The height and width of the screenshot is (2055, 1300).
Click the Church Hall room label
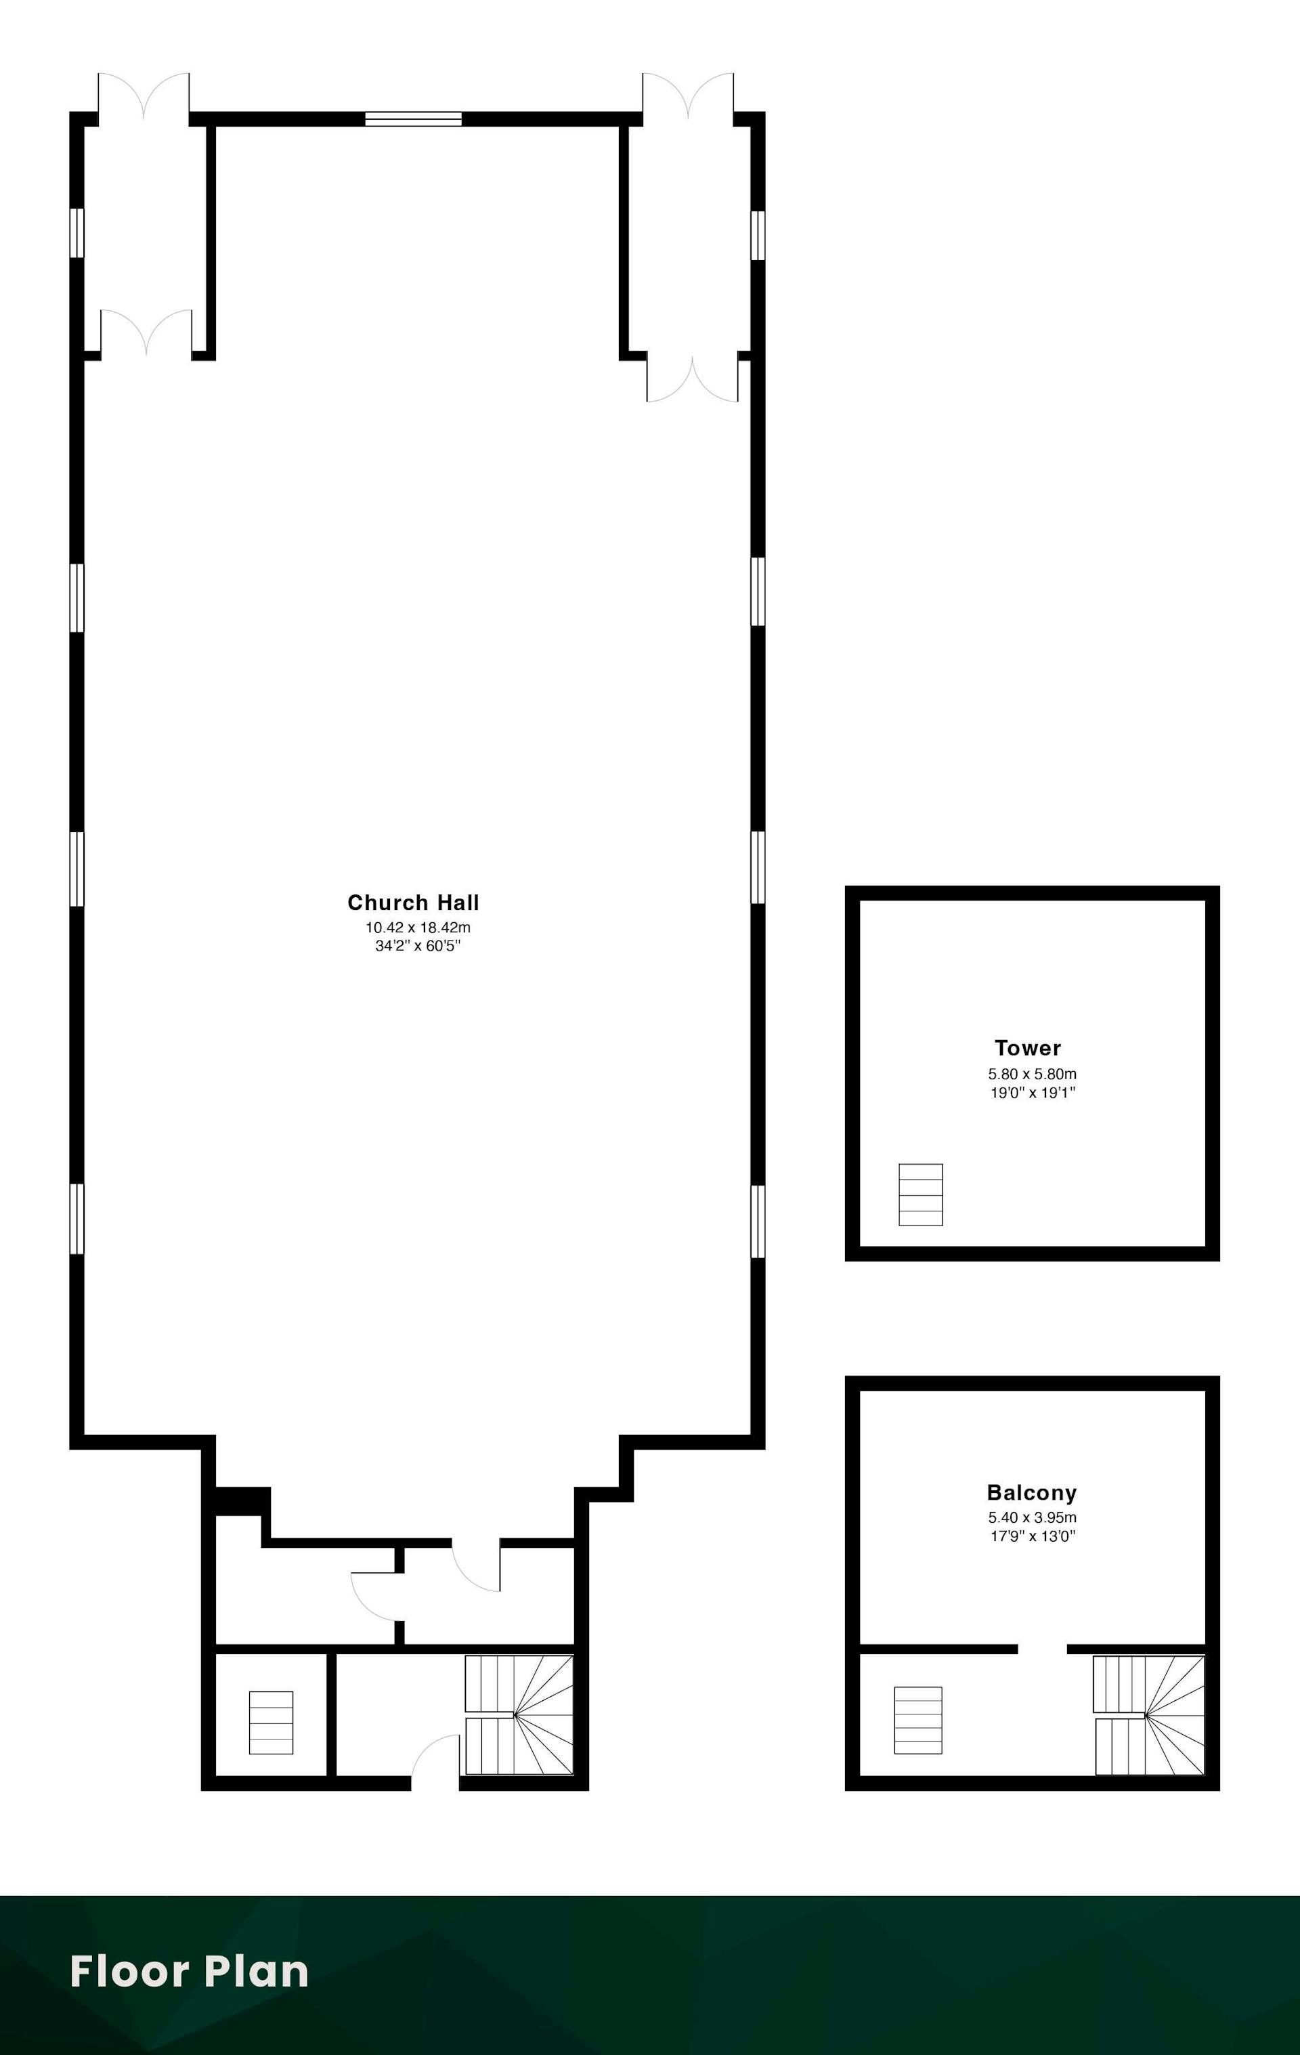coord(413,902)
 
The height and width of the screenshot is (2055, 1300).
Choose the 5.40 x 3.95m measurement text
coord(1033,1517)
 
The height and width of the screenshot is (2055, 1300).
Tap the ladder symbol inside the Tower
coord(921,1195)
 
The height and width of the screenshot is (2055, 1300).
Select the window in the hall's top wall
coord(413,118)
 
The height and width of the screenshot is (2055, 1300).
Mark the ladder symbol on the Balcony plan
coord(918,1720)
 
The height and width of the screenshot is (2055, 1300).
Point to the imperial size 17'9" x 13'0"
coord(1033,1536)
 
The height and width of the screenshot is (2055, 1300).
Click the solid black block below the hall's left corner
coord(242,1501)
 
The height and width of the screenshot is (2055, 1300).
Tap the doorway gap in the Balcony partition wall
coord(1042,1649)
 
